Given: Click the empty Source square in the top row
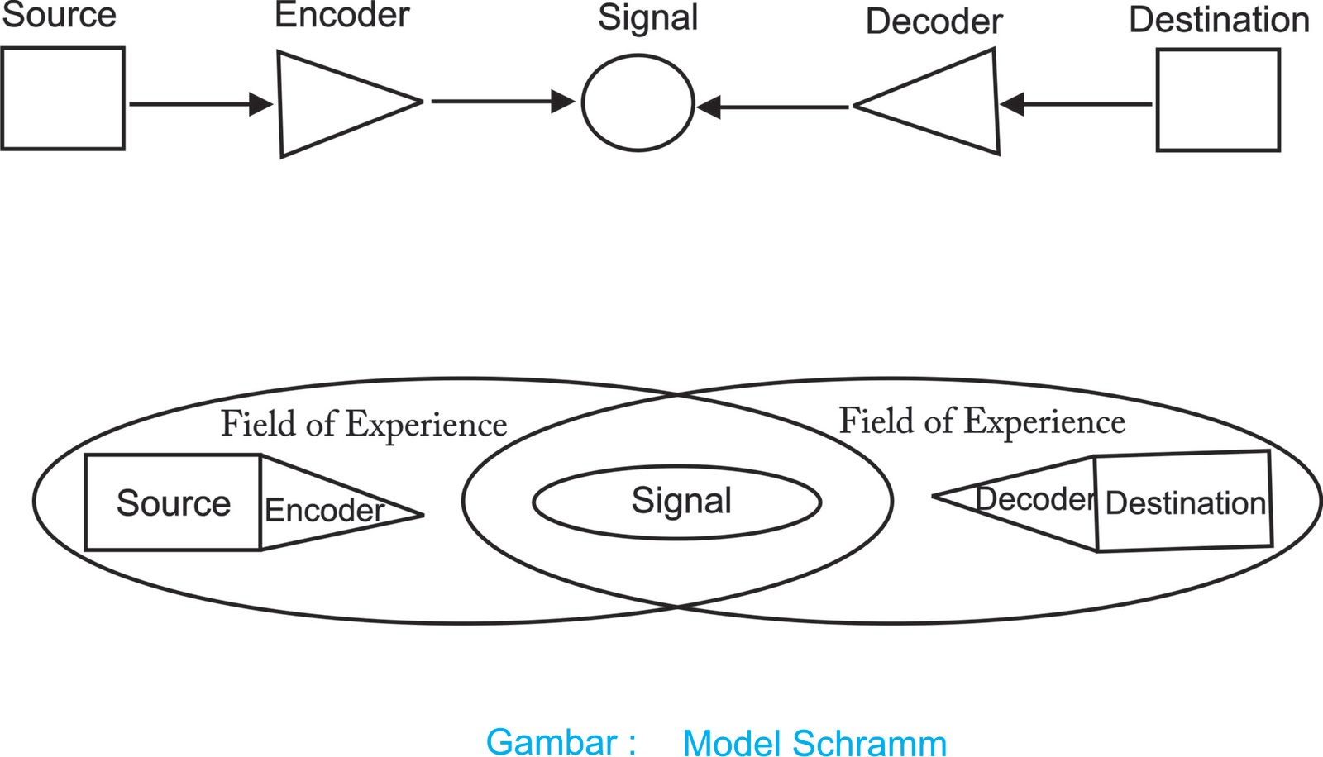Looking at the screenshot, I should [x=63, y=98].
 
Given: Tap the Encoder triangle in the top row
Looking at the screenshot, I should [x=331, y=103].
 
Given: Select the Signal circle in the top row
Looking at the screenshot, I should [x=638, y=102].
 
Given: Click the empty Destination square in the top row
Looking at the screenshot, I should [x=1218, y=100].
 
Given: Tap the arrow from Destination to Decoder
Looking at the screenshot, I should [x=1076, y=104].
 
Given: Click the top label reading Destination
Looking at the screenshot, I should [x=1219, y=21].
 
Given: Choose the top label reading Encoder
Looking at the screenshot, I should [x=341, y=16].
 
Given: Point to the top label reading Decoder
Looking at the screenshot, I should [x=934, y=22].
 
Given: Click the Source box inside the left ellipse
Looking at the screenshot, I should [x=173, y=502].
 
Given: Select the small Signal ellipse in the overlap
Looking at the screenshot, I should [x=677, y=502].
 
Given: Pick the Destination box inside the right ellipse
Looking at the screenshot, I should [x=1184, y=502].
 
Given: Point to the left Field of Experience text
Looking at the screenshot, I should [x=364, y=425].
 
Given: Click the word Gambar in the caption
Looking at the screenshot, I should [x=552, y=741].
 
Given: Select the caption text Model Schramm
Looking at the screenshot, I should [x=814, y=743].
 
